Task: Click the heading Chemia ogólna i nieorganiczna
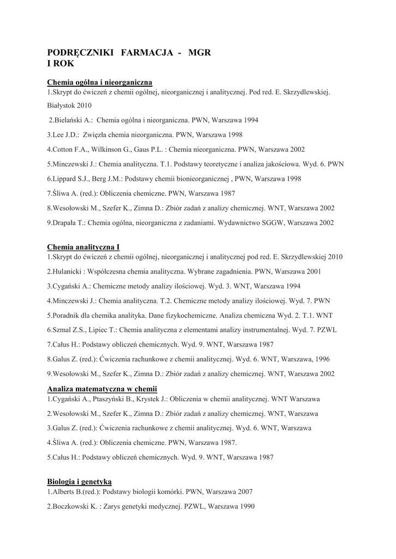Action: coord(99,82)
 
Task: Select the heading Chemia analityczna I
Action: coord(83,247)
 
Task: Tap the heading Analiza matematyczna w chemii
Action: coord(102,389)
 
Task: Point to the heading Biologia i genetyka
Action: coord(79,481)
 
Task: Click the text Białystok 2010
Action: coord(69,105)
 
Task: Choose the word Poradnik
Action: coord(68,316)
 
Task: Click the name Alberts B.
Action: coord(66,491)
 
